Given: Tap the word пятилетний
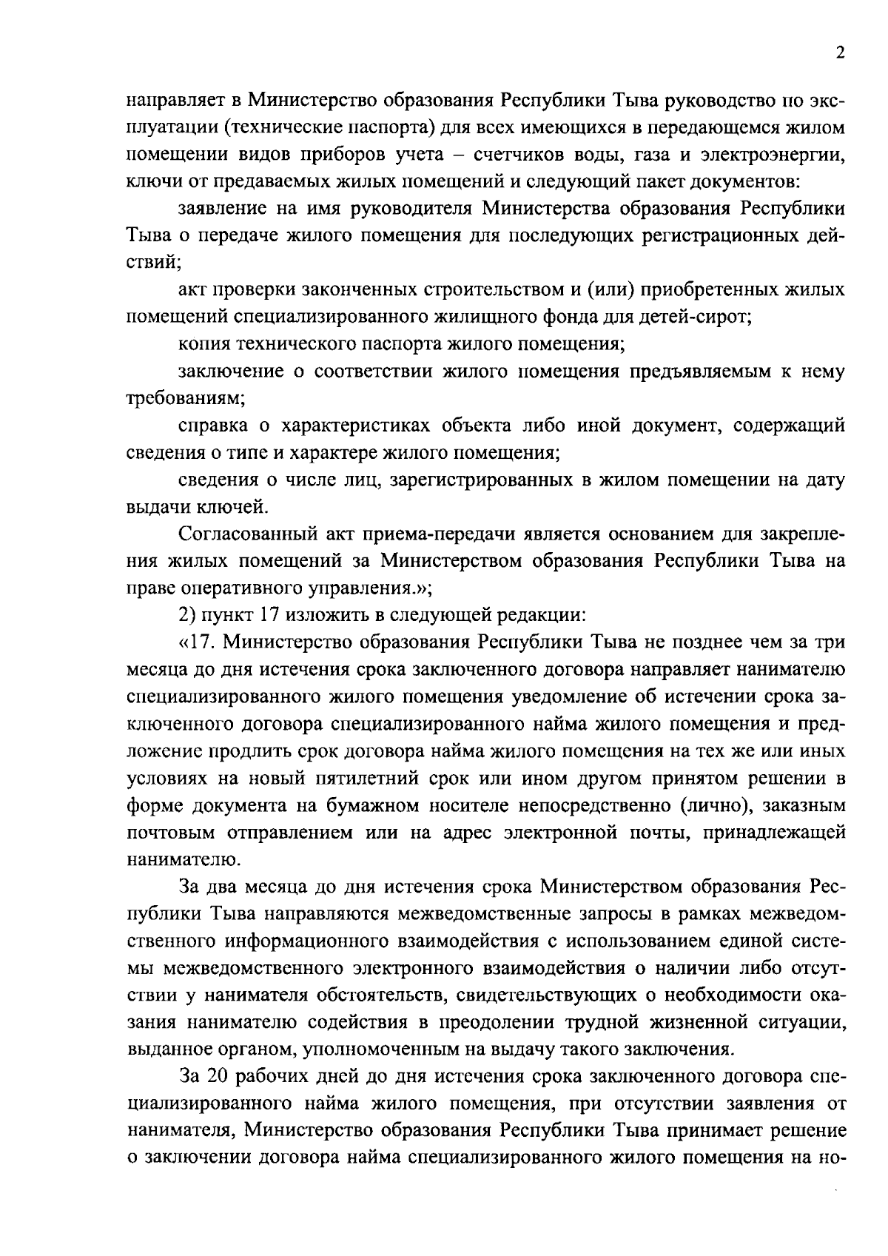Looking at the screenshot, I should (369, 779).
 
